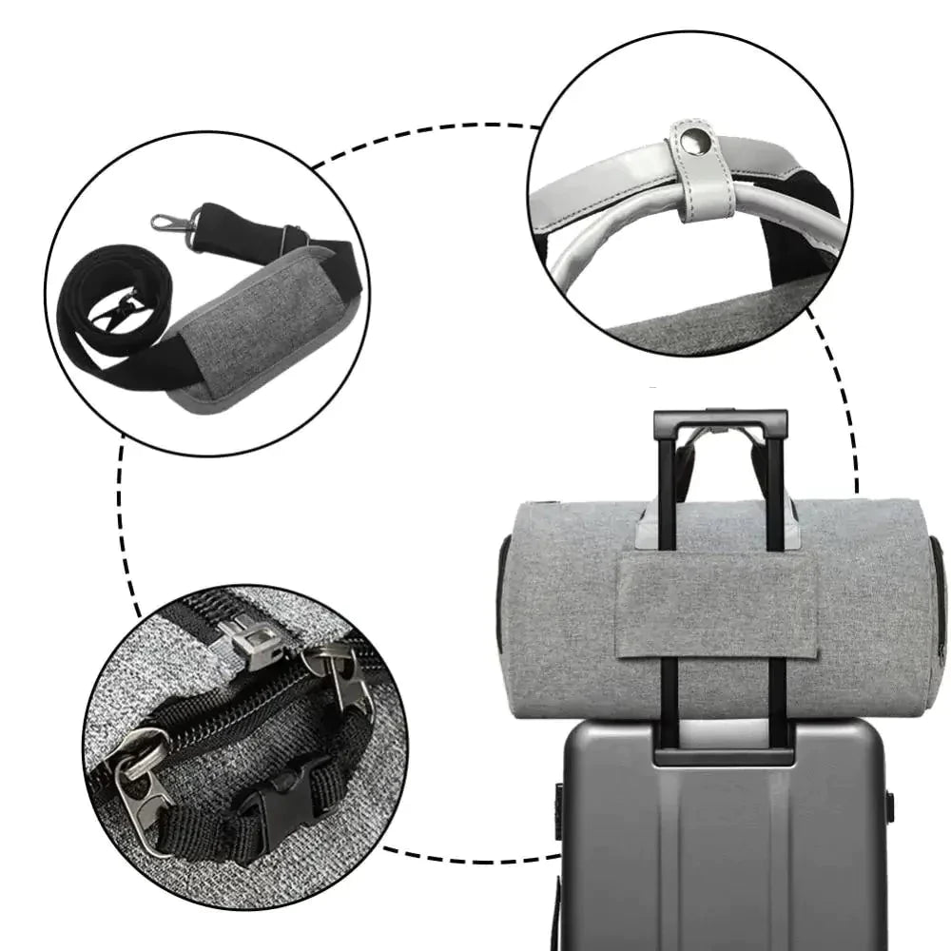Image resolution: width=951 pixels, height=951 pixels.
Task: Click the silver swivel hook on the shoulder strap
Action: [171, 223]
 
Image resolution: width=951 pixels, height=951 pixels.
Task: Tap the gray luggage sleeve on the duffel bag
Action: [717, 609]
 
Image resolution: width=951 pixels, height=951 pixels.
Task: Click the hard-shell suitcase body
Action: [723, 856]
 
